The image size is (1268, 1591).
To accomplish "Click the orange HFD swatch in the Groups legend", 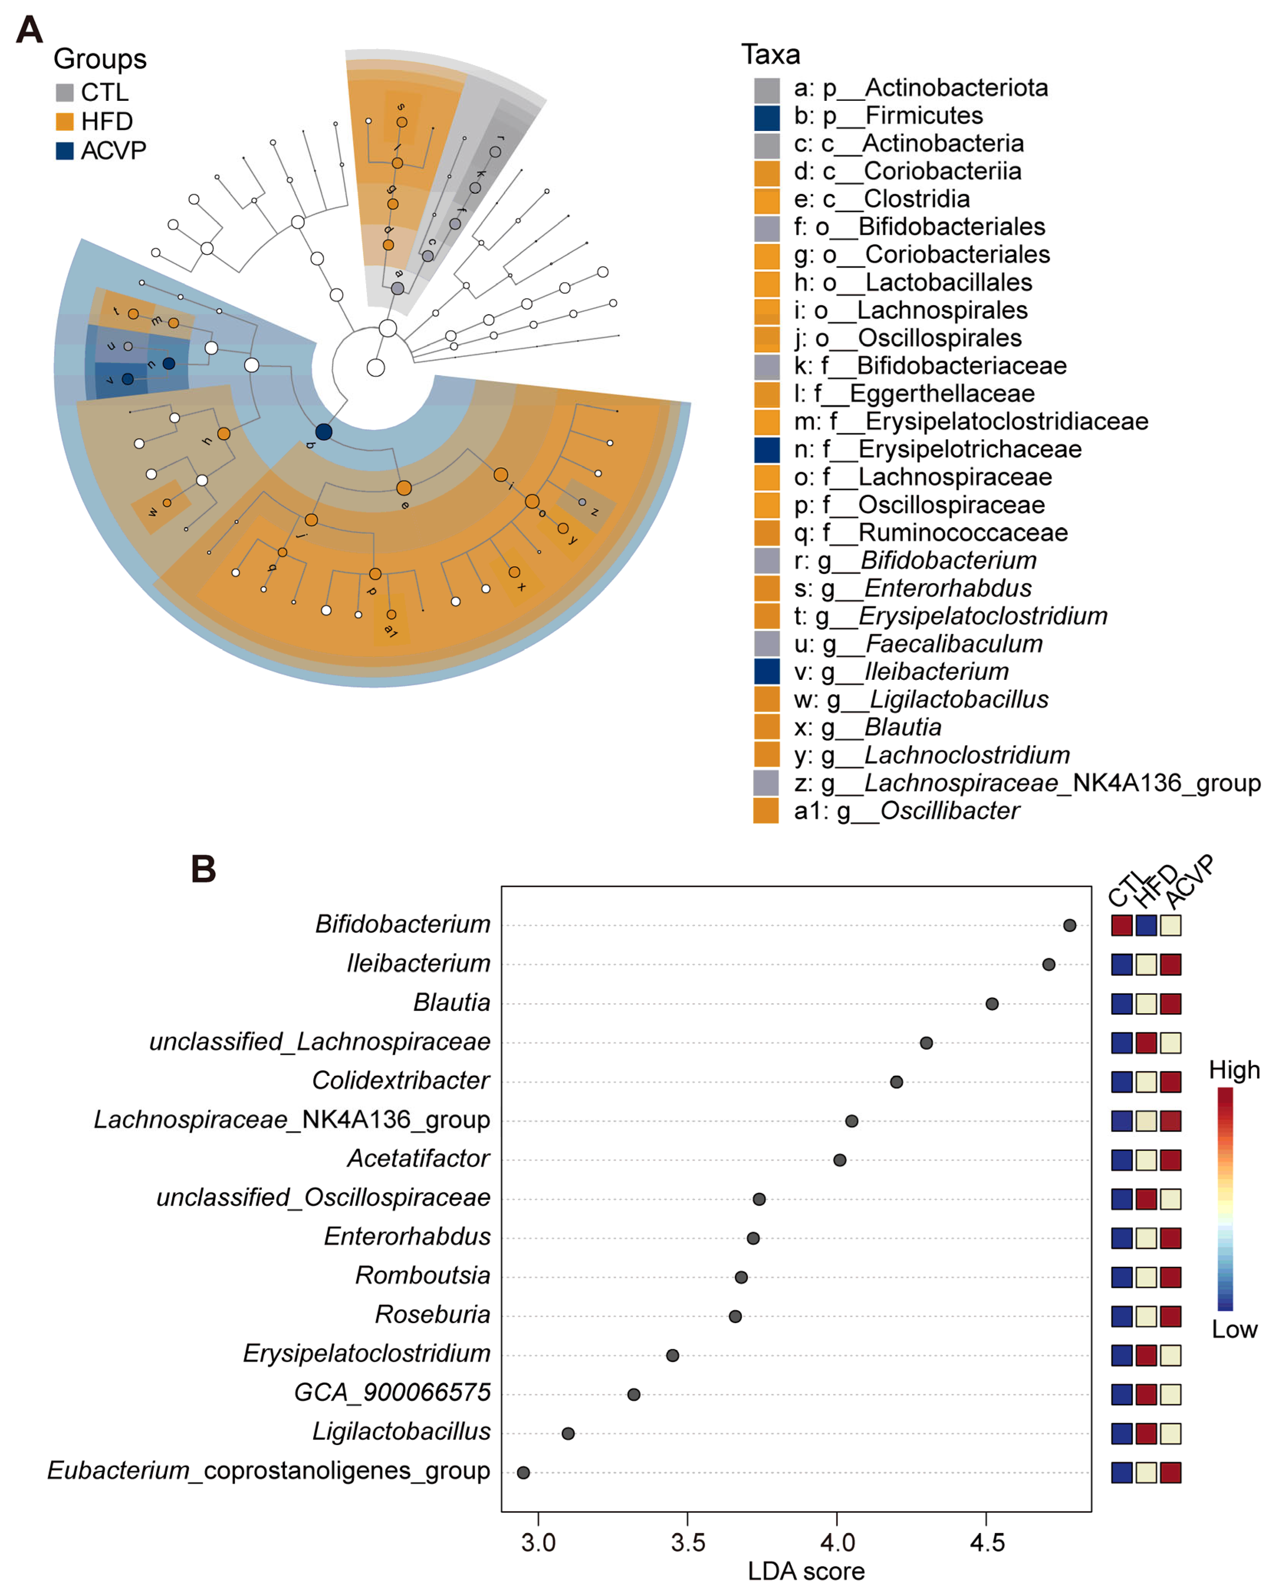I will coord(65,121).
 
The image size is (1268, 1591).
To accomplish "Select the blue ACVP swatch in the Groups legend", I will coord(65,151).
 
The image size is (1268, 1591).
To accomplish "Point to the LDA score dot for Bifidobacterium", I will coord(1069,925).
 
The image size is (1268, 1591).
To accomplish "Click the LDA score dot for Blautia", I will coord(992,1004).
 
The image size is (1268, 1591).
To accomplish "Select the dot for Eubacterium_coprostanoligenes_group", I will coord(523,1472).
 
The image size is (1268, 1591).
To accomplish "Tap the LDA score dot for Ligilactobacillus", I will coord(568,1433).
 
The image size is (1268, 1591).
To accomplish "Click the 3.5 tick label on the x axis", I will coord(688,1542).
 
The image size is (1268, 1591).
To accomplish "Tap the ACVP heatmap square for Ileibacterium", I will coord(1171,964).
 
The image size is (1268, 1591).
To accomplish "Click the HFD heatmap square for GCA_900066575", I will coord(1146,1394).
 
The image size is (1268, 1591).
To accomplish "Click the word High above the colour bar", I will coord(1234,1070).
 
